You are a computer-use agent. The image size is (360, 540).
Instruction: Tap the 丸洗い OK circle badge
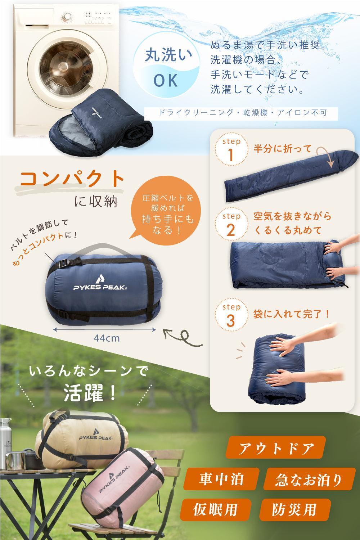tap(167, 66)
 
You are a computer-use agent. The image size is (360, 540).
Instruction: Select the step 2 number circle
tap(231, 224)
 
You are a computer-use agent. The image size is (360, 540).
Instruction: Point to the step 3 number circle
tap(231, 315)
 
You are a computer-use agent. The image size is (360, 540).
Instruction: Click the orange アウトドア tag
tap(276, 447)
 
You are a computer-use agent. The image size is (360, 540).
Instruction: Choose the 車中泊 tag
tap(221, 478)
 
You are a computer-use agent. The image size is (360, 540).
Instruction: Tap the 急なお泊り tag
tap(309, 479)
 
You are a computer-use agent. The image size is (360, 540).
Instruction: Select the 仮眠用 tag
tap(216, 509)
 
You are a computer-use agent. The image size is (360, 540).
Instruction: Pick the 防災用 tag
tap(295, 509)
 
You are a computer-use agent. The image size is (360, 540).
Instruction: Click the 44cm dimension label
tap(107, 338)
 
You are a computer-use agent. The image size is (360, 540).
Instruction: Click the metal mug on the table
tap(15, 460)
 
